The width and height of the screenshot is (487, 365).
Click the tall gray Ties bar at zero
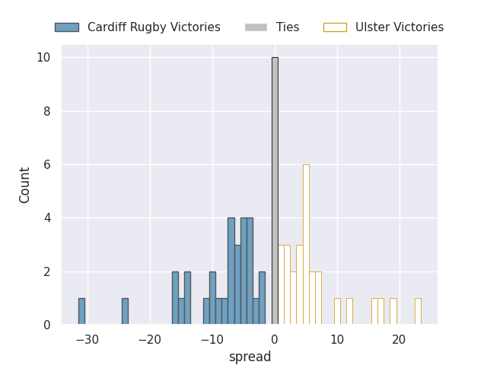275,191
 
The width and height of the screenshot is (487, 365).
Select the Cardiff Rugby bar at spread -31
81,311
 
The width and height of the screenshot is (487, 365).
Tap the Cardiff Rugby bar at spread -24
125,311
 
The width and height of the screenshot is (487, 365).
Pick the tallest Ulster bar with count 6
306,244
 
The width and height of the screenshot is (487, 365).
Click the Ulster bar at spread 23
418,311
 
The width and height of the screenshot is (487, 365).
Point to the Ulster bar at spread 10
337,311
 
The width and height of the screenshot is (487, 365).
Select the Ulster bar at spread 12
349,311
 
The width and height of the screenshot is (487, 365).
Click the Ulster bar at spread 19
393,311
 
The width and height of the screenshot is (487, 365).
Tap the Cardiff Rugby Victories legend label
154,27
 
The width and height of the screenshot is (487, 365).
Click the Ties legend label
288,27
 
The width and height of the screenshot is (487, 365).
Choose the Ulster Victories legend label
399,27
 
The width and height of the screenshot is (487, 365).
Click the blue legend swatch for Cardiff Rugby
66,27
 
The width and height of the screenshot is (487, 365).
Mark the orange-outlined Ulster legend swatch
335,27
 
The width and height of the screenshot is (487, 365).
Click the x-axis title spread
250,357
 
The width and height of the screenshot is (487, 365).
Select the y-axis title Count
25,185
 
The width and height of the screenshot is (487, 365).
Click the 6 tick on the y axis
47,165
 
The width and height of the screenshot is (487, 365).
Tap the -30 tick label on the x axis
88,339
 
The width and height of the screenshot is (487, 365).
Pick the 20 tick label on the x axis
399,339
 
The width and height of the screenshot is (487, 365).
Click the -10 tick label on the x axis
212,339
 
